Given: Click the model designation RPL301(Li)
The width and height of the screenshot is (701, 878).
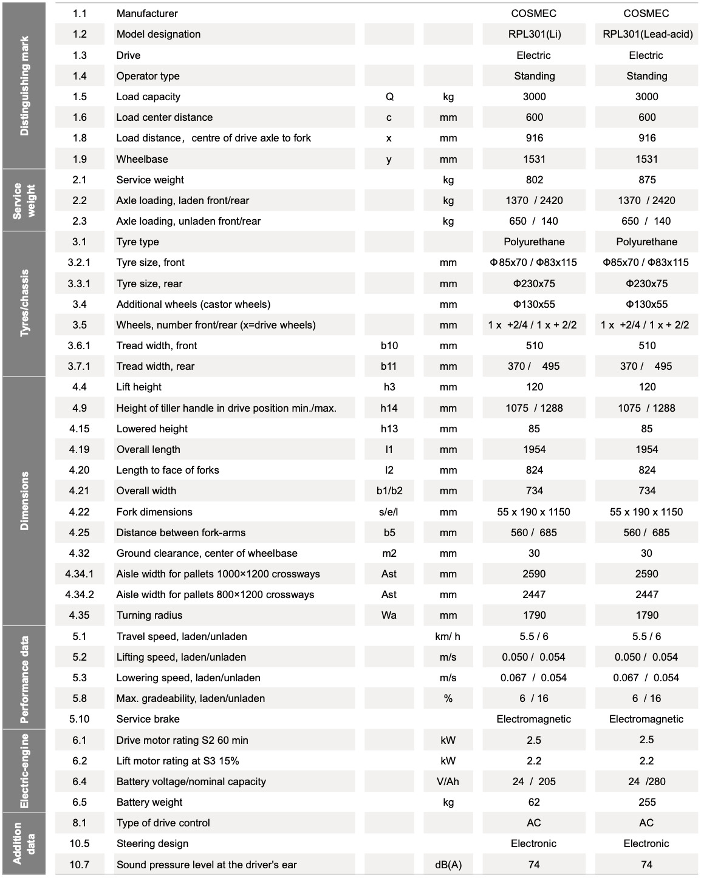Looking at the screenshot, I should [534, 34].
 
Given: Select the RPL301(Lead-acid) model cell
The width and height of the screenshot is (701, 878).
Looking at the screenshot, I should [647, 34].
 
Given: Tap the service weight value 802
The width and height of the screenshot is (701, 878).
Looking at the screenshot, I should [534, 180].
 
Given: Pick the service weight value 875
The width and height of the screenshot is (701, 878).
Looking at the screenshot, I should [647, 180].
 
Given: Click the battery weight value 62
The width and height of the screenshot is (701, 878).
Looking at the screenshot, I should [534, 802].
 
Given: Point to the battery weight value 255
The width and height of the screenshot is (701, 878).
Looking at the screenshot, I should [647, 802].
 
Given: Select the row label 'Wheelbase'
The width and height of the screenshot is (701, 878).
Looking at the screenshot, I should [142, 159].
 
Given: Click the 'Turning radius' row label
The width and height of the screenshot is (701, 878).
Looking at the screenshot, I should [149, 615].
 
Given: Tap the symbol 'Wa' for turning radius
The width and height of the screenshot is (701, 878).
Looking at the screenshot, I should [389, 615].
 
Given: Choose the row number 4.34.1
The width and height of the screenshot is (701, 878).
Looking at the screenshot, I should [80, 574].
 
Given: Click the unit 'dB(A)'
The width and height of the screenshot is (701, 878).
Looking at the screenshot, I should [448, 865].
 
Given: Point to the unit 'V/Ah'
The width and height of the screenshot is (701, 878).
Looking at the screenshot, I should [448, 781].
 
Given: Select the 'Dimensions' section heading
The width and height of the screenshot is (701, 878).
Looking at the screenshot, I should [24, 501].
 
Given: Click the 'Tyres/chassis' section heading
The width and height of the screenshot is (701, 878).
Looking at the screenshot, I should [24, 303].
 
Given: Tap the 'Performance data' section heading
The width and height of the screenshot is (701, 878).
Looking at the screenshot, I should [24, 679].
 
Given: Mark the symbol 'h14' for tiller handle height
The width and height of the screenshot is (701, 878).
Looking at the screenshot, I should [389, 408].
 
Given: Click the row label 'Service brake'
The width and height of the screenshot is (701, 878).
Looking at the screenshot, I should [148, 719].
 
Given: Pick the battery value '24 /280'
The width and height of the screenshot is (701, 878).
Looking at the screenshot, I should [647, 781].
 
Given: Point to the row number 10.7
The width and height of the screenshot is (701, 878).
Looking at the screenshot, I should [80, 865].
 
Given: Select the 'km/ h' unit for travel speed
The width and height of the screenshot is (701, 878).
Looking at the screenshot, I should [448, 636].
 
